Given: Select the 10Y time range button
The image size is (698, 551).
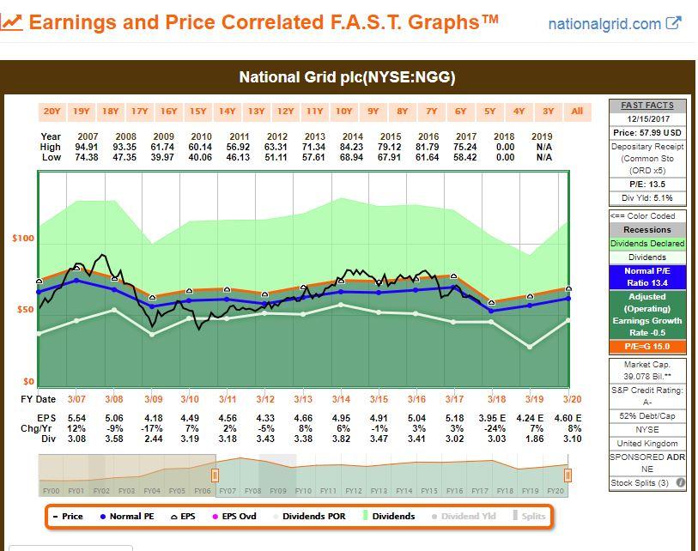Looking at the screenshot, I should pyautogui.click(x=343, y=111).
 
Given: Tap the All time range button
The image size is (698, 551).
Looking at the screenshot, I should pyautogui.click(x=577, y=111).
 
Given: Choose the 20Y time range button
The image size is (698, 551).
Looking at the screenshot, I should pyautogui.click(x=52, y=111).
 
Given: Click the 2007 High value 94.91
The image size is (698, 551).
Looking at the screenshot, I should pyautogui.click(x=87, y=147).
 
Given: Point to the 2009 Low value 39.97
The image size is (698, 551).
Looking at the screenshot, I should pyautogui.click(x=163, y=157).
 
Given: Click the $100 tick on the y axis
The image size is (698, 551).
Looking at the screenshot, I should pyautogui.click(x=23, y=239).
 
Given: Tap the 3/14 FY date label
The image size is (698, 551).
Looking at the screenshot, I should pyautogui.click(x=341, y=399).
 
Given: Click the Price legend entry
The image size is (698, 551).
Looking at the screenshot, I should pyautogui.click(x=68, y=517).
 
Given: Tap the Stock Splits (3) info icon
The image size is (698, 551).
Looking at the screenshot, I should pyautogui.click(x=680, y=483).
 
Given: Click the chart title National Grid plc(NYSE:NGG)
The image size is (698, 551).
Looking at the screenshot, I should pyautogui.click(x=347, y=77).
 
